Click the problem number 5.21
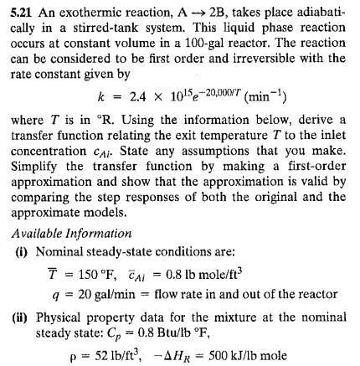pos(18,8)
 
